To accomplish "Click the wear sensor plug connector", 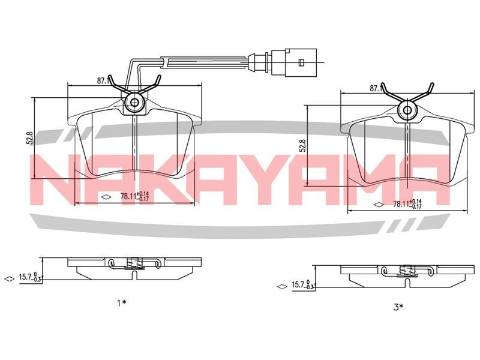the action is pyautogui.click(x=294, y=62).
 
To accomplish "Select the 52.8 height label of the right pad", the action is pyautogui.click(x=302, y=146).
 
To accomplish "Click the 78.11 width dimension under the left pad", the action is pyautogui.click(x=134, y=196).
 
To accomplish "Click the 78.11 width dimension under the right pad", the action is pyautogui.click(x=407, y=204).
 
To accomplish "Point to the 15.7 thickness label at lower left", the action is pyautogui.click(x=29, y=277).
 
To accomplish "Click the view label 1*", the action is pyautogui.click(x=122, y=303).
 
